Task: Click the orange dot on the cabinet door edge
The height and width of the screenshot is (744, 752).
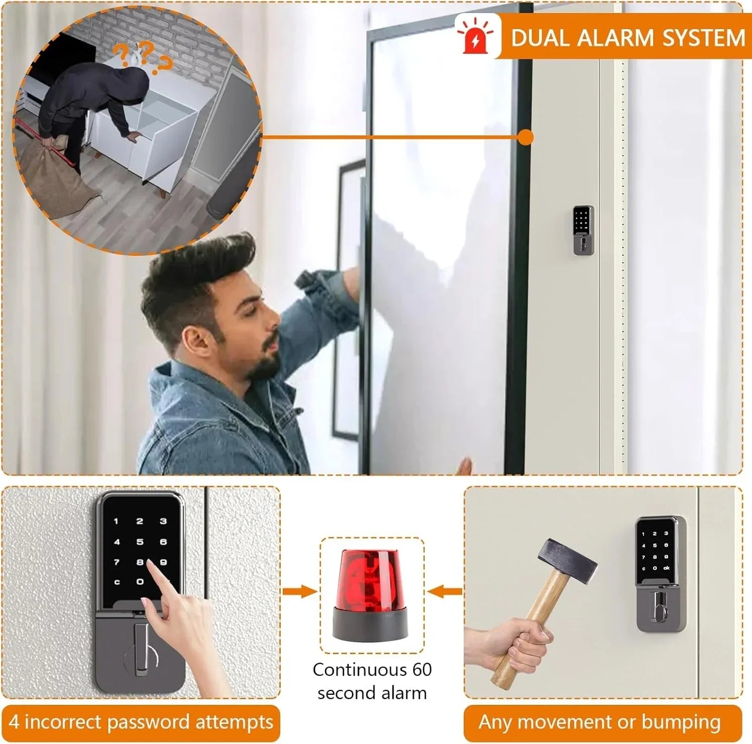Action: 525,137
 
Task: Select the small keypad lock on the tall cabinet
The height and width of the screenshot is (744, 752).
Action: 584,230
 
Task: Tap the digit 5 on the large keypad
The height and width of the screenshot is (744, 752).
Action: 140,542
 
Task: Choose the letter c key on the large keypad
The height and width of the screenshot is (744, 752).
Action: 117,582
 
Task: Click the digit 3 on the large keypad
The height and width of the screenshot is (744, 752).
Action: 163,522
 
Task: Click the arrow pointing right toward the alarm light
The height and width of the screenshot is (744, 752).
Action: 300,591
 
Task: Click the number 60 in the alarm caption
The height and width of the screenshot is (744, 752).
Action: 422,670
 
